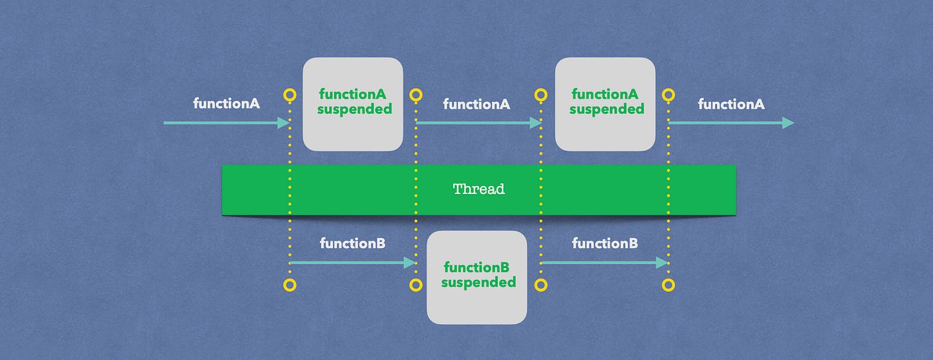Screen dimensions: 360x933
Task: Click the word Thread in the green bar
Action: (x=478, y=189)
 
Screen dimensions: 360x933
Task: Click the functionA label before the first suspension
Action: (x=227, y=104)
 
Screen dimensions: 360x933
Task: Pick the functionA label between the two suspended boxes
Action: (x=476, y=104)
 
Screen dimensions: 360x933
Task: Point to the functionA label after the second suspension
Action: (x=731, y=104)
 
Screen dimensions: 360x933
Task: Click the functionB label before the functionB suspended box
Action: (x=353, y=243)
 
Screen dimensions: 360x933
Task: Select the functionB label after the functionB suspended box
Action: (x=604, y=243)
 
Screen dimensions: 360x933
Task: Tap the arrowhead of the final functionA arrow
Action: (x=788, y=123)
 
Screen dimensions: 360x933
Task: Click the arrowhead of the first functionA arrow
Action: (x=284, y=123)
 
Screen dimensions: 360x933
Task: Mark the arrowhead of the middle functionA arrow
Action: (x=535, y=123)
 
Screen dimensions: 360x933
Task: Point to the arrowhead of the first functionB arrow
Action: (x=410, y=263)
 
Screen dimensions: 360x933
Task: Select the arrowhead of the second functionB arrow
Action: (x=662, y=263)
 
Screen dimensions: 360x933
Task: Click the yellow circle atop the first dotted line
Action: (x=289, y=95)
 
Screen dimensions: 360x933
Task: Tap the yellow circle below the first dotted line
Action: (x=289, y=285)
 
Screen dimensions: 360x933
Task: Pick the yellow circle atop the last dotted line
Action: (x=668, y=95)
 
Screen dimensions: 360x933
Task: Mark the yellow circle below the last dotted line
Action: (x=668, y=285)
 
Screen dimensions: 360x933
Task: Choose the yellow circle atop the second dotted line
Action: (x=416, y=95)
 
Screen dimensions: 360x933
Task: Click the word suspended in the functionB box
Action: (x=478, y=283)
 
